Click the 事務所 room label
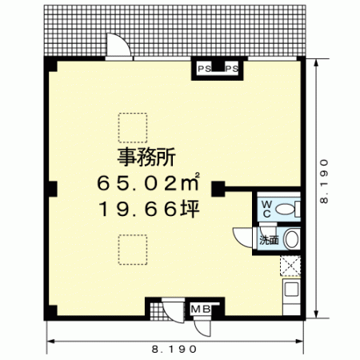[x=146, y=158]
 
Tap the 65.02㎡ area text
[x=148, y=182]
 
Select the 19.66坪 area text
[x=150, y=209]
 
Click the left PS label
[x=204, y=69]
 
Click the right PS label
[x=232, y=69]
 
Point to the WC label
[x=266, y=209]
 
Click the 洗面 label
[x=269, y=240]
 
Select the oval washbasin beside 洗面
[x=291, y=239]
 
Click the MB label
[x=202, y=310]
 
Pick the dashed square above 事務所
[x=133, y=127]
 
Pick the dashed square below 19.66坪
[x=133, y=250]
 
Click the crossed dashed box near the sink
[x=290, y=266]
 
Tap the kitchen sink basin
[x=291, y=289]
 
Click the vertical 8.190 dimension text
[x=324, y=182]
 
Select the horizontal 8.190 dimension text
[x=174, y=349]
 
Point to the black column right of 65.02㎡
[x=218, y=189]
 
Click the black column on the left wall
[x=52, y=189]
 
